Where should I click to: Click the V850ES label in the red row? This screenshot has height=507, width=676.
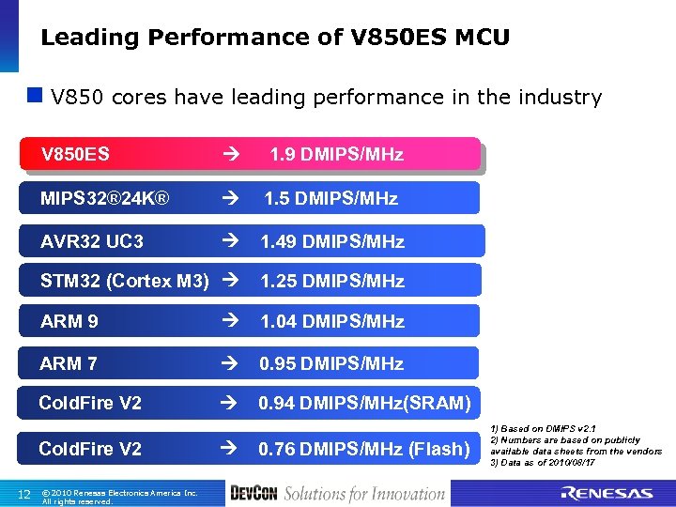(75, 155)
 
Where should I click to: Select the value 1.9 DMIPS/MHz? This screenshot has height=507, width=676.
(336, 155)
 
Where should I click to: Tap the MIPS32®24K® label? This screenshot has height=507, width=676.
(105, 198)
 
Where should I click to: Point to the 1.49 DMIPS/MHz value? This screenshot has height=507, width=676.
(331, 241)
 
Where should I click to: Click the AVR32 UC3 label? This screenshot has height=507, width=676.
(92, 241)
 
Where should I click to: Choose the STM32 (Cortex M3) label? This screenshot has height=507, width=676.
(125, 281)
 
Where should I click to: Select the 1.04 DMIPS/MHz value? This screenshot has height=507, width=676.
(331, 321)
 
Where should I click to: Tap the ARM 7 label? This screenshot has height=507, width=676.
(69, 363)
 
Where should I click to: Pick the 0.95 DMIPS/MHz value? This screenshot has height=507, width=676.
(330, 363)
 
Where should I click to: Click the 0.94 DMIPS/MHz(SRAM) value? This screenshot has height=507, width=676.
(364, 403)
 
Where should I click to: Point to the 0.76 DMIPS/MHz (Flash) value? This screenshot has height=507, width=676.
(363, 449)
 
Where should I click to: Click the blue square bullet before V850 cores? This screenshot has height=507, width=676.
(35, 96)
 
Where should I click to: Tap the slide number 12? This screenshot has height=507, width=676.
(25, 495)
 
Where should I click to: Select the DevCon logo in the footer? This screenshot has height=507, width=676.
(253, 493)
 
